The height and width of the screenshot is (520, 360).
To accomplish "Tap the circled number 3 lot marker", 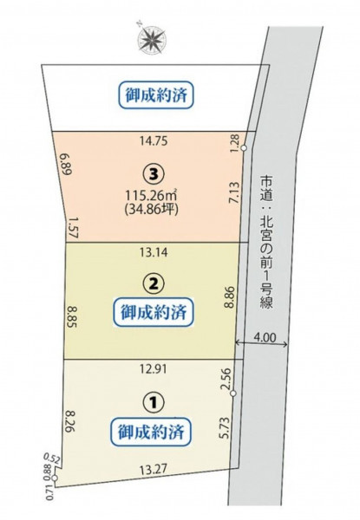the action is click(153, 173).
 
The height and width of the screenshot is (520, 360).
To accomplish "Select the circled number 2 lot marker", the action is click(153, 284).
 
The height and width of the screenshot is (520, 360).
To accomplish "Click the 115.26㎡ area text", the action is click(151, 196).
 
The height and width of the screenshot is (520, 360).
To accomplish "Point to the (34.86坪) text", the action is click(151, 211).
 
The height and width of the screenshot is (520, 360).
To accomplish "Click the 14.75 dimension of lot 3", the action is click(154, 141).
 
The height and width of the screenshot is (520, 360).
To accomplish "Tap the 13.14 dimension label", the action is click(154, 253).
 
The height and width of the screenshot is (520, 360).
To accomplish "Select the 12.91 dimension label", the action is click(153, 369).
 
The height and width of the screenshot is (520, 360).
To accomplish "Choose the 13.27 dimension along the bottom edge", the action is click(153, 469).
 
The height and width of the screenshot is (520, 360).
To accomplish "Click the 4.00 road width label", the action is click(265, 337).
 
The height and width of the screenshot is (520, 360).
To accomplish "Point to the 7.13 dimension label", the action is click(234, 192).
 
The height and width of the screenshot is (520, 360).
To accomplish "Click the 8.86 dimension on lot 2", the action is click(230, 297).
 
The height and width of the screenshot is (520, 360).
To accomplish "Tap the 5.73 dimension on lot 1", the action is click(225, 428).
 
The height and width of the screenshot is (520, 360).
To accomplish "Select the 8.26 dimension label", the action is click(70, 421).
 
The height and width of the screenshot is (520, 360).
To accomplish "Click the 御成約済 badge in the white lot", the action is click(156, 95).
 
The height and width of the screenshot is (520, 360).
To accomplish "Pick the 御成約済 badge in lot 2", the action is click(153, 313).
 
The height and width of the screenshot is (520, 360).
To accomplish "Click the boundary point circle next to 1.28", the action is click(244, 148).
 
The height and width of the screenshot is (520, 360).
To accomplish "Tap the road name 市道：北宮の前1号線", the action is click(266, 242).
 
